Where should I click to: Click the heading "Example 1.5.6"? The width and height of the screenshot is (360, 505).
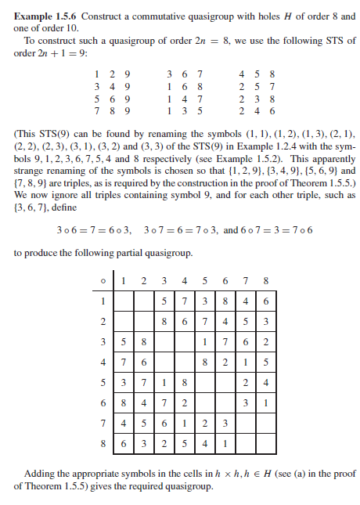pos(45,16)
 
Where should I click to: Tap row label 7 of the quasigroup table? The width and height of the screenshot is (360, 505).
pos(102,424)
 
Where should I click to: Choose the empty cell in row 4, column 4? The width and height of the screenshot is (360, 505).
pos(183,362)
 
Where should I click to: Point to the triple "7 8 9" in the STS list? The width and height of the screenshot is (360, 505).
pos(106,110)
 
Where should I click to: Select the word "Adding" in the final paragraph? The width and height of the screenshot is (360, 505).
pos(40,474)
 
